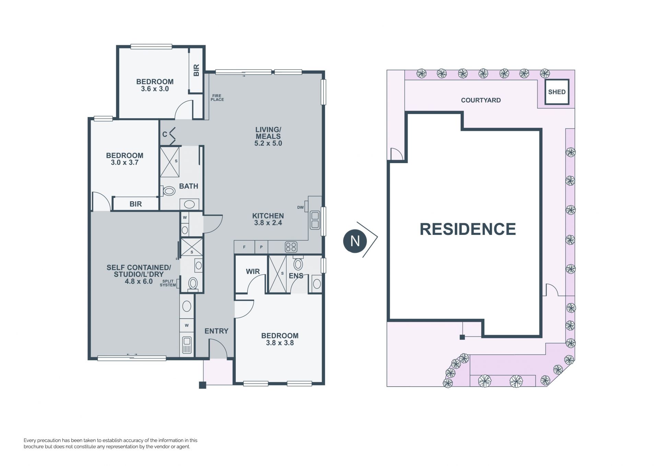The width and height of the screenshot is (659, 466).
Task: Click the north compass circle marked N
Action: (355, 241)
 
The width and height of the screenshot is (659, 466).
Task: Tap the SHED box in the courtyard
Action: (557, 92)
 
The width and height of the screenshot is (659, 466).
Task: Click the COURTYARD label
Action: (481, 100)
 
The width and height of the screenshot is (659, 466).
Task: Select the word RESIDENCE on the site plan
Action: (468, 229)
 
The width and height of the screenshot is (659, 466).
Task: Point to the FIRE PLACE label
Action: (217, 98)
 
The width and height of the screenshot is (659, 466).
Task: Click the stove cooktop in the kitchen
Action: (291, 247)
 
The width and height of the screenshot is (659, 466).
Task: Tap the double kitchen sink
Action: (315, 220)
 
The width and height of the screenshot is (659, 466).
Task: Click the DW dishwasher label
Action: (300, 207)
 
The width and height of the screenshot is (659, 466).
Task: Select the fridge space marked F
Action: (244, 247)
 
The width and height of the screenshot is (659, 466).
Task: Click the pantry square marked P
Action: (261, 247)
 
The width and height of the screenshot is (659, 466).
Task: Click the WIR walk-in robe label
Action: (253, 272)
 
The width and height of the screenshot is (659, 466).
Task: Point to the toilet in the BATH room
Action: (169, 191)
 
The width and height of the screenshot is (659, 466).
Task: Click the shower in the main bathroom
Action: (170, 162)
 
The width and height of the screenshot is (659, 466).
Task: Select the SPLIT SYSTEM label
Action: (168, 283)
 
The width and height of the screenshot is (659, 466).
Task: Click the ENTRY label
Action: (216, 331)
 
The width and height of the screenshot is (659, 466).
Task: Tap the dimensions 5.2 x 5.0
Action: (268, 144)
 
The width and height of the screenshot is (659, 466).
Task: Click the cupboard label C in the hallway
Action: (165, 134)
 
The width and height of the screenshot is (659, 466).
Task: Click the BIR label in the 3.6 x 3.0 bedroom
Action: (196, 70)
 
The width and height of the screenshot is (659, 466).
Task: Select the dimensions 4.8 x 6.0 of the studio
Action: (139, 282)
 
